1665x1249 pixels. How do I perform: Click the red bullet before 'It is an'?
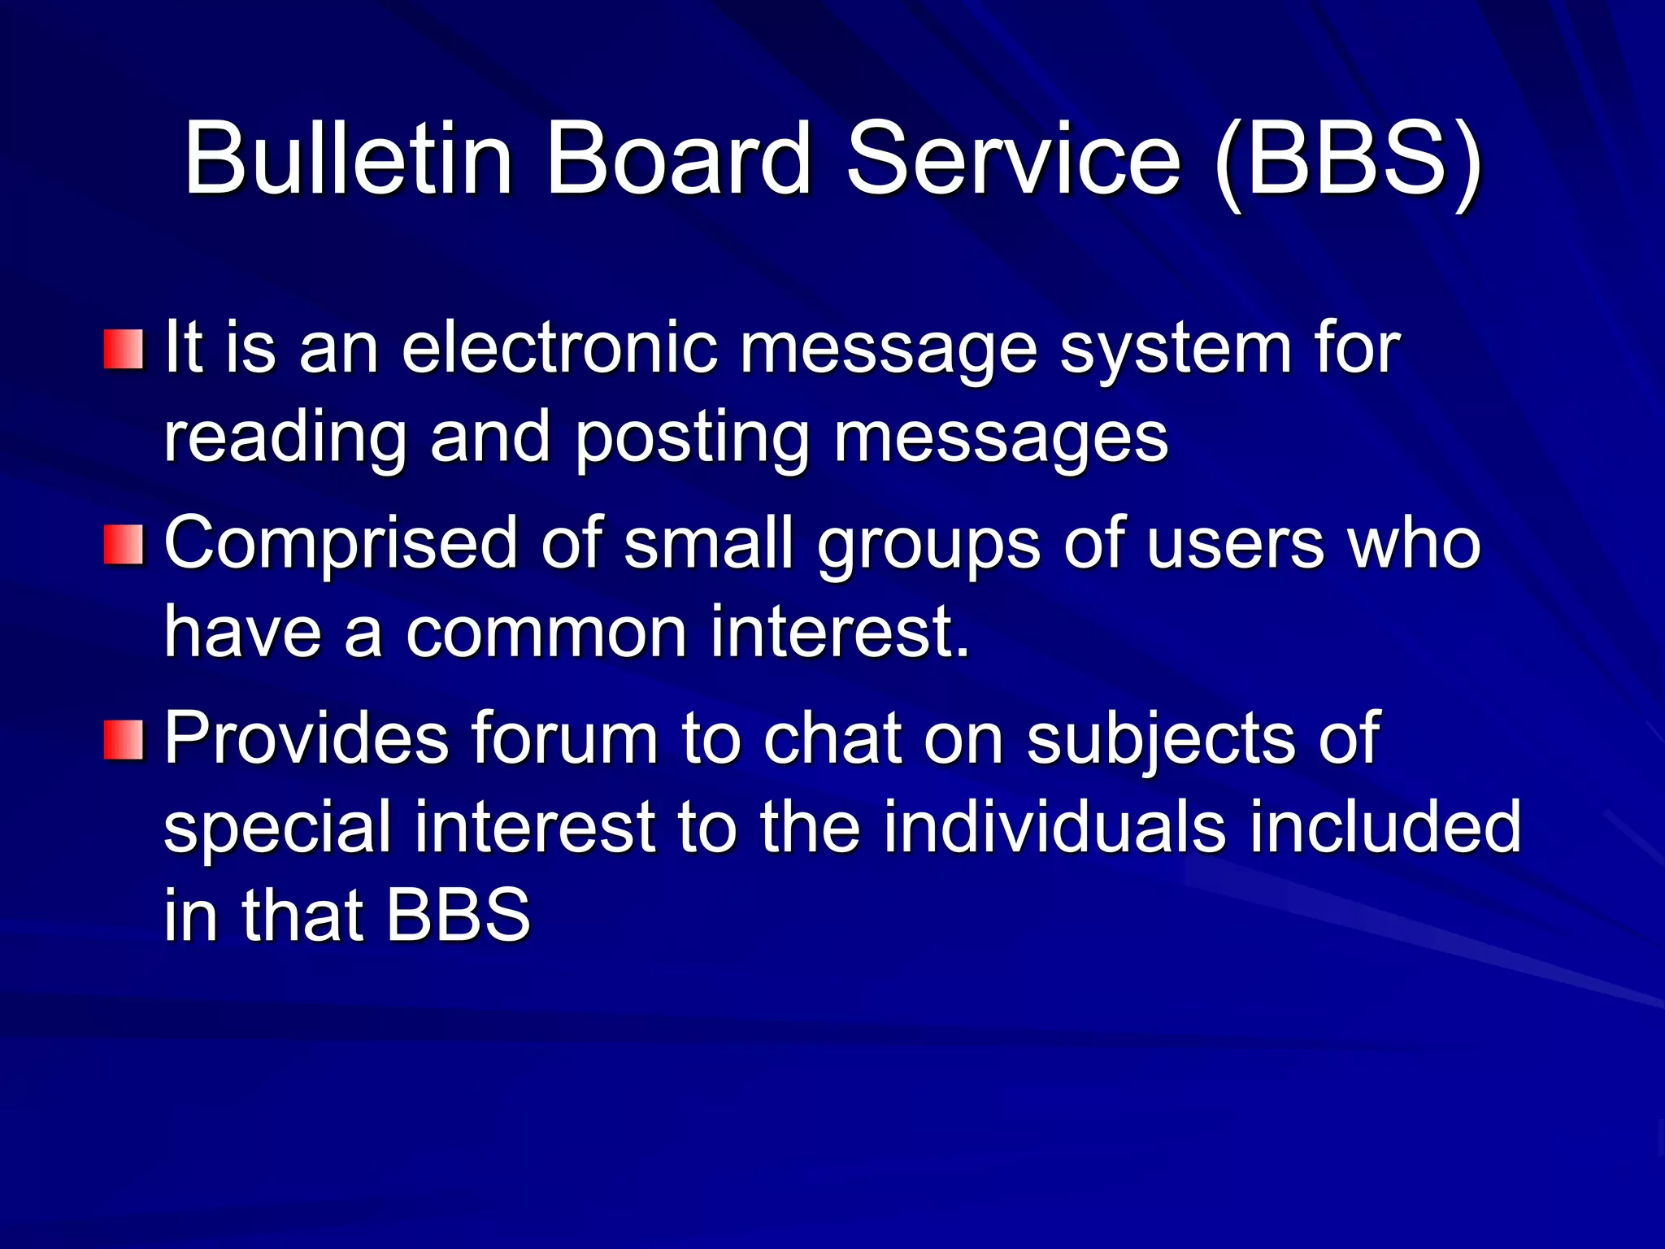tap(124, 350)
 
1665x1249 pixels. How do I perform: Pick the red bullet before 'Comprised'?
tap(124, 544)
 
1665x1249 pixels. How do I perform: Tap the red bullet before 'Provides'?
tap(124, 739)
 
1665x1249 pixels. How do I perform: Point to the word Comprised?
tap(341, 545)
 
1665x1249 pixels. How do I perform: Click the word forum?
tap(563, 738)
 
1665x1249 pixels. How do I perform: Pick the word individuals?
tap(1054, 828)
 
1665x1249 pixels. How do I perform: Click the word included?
tap(1385, 828)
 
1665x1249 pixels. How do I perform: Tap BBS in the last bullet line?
tap(458, 916)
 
